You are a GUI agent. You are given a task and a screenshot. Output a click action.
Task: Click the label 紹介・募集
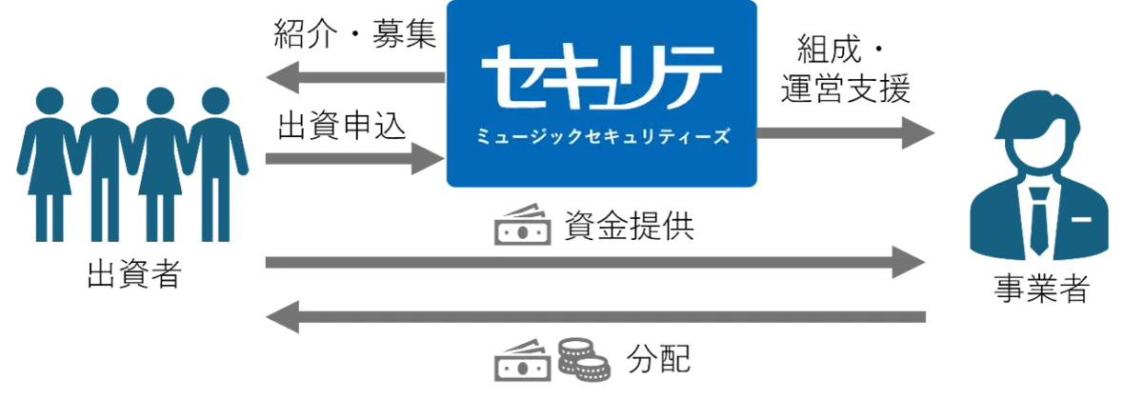point(355,34)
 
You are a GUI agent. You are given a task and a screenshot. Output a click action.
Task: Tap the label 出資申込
point(342,125)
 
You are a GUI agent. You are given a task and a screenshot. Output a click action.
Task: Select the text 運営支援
point(846,89)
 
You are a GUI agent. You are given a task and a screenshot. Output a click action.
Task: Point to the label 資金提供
point(629,226)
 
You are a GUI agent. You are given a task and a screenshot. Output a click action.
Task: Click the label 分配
point(658,359)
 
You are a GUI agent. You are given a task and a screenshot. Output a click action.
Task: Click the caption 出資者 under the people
point(134,274)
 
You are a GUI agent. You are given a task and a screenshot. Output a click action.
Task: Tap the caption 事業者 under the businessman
point(1042,289)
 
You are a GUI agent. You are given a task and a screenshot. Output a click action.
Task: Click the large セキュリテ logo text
point(602,76)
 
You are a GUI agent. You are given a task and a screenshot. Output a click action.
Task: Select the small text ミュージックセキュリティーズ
point(603,136)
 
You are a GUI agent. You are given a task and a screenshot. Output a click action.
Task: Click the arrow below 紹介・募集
point(355,77)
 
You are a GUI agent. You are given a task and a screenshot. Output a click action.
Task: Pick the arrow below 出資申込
point(355,159)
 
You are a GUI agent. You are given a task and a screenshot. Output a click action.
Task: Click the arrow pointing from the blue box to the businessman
point(846,133)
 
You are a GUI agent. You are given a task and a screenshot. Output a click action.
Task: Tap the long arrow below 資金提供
point(595,262)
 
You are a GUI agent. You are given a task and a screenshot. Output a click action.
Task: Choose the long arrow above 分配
point(595,317)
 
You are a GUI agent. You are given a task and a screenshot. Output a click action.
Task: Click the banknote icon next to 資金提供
point(523,225)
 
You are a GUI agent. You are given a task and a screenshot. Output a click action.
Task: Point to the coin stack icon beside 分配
point(584,359)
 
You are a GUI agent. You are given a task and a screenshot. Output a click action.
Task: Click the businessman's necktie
point(1039,220)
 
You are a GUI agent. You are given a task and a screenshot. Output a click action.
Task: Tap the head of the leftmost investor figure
point(50,101)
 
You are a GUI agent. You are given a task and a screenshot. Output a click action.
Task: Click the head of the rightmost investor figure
point(215,101)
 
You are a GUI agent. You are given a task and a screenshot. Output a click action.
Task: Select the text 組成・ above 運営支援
point(839,50)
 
